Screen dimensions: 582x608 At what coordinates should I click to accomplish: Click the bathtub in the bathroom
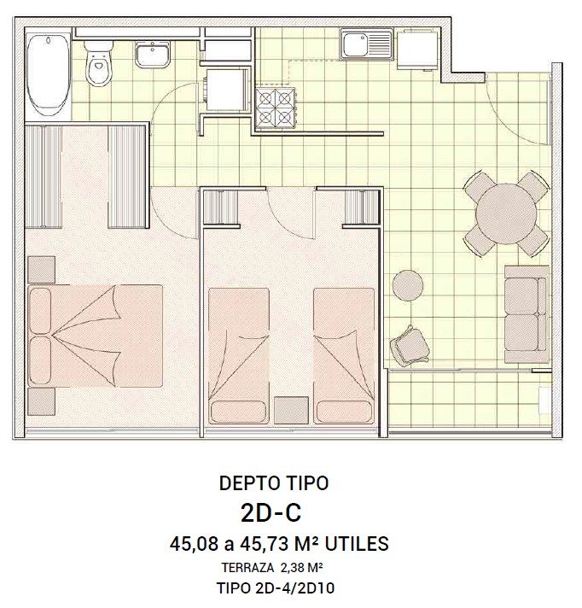[49, 74]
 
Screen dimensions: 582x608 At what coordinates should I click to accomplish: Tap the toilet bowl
[99, 63]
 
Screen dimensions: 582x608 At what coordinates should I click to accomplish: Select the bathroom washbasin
[152, 55]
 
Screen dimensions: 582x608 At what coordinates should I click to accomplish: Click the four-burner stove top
[276, 108]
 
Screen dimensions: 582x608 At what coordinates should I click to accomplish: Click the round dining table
[506, 214]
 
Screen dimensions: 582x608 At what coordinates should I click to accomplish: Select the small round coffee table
[408, 285]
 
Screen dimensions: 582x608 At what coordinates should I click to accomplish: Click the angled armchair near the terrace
[410, 347]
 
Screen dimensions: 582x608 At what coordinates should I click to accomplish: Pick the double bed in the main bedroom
[96, 336]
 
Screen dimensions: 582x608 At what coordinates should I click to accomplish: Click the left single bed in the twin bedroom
[239, 356]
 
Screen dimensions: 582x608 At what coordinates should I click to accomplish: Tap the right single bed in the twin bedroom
[344, 356]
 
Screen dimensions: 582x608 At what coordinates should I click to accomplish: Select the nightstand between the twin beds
[291, 410]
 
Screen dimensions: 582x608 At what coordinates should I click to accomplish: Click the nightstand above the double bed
[42, 270]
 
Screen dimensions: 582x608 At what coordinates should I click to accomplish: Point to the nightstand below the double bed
[42, 402]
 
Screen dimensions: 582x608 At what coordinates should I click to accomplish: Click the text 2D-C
[271, 513]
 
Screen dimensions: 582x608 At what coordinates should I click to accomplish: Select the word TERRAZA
[247, 568]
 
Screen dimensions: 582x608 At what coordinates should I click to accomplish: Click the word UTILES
[357, 544]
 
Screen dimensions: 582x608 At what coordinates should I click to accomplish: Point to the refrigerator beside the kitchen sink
[417, 50]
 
